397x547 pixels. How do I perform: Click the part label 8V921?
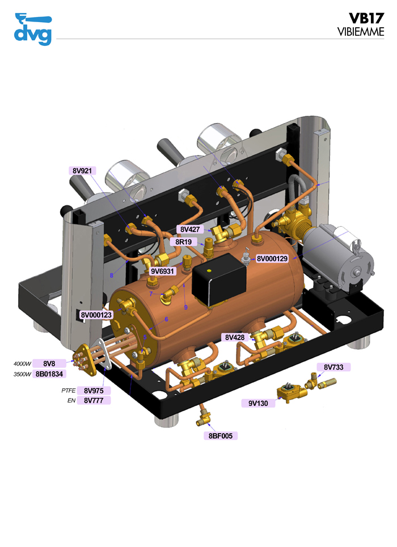82,170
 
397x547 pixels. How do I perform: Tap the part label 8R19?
186,241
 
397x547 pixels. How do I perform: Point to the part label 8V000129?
272,258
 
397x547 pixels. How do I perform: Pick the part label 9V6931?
162,271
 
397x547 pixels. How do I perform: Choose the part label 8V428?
234,337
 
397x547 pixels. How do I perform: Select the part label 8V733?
333,367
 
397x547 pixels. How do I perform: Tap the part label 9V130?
257,403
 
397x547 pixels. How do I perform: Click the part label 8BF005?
220,436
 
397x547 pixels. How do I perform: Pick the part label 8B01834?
50,374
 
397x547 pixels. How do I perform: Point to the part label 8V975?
94,391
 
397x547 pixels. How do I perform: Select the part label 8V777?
94,401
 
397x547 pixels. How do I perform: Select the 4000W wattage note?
22,363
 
